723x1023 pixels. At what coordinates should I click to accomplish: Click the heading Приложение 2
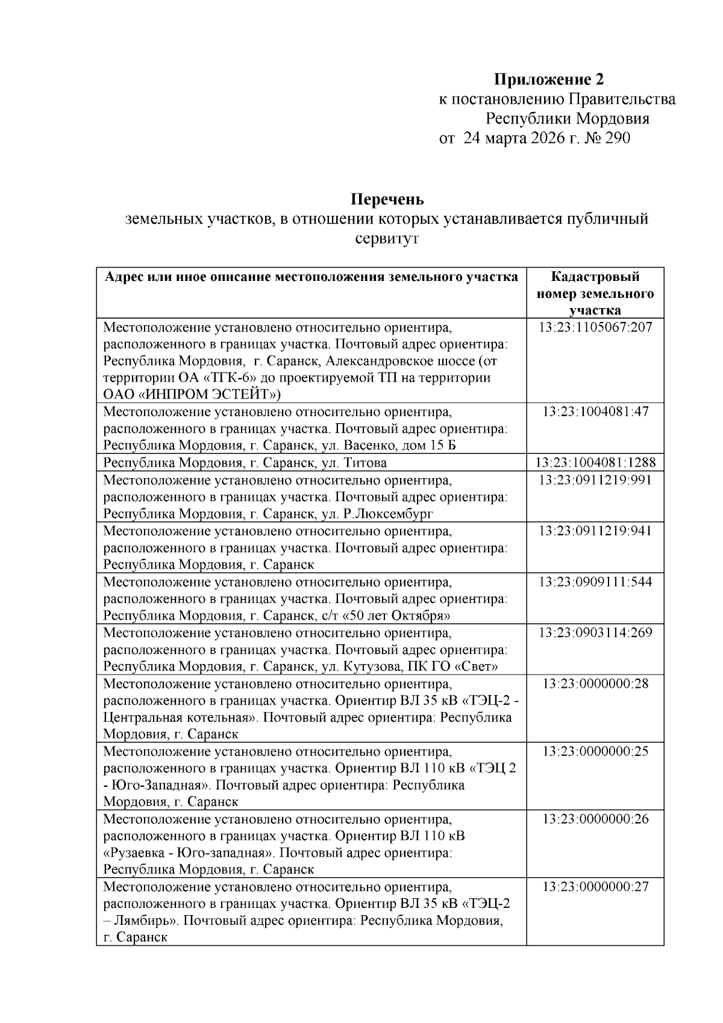(x=549, y=79)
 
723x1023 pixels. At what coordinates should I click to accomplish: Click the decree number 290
(x=617, y=139)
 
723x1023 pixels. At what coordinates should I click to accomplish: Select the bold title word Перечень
(x=387, y=198)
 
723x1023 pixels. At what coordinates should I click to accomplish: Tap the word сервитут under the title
(x=387, y=239)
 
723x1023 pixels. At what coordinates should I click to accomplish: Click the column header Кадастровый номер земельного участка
(x=595, y=294)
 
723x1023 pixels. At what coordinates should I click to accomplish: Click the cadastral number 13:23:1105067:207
(x=595, y=329)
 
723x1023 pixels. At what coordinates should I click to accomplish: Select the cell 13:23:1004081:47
(x=595, y=412)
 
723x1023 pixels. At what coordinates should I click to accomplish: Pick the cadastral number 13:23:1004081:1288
(x=595, y=463)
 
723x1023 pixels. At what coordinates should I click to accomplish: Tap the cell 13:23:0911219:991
(x=595, y=480)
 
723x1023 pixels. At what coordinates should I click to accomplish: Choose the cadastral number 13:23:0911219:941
(x=595, y=531)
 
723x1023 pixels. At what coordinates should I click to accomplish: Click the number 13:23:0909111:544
(x=595, y=582)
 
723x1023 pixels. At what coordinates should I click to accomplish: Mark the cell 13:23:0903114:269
(x=595, y=633)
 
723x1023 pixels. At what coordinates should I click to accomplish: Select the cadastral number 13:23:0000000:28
(x=595, y=684)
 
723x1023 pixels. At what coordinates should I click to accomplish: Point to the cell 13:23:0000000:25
(x=595, y=752)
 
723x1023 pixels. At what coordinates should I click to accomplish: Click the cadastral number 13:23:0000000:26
(x=595, y=819)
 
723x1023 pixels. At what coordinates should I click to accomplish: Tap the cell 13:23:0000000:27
(x=595, y=887)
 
